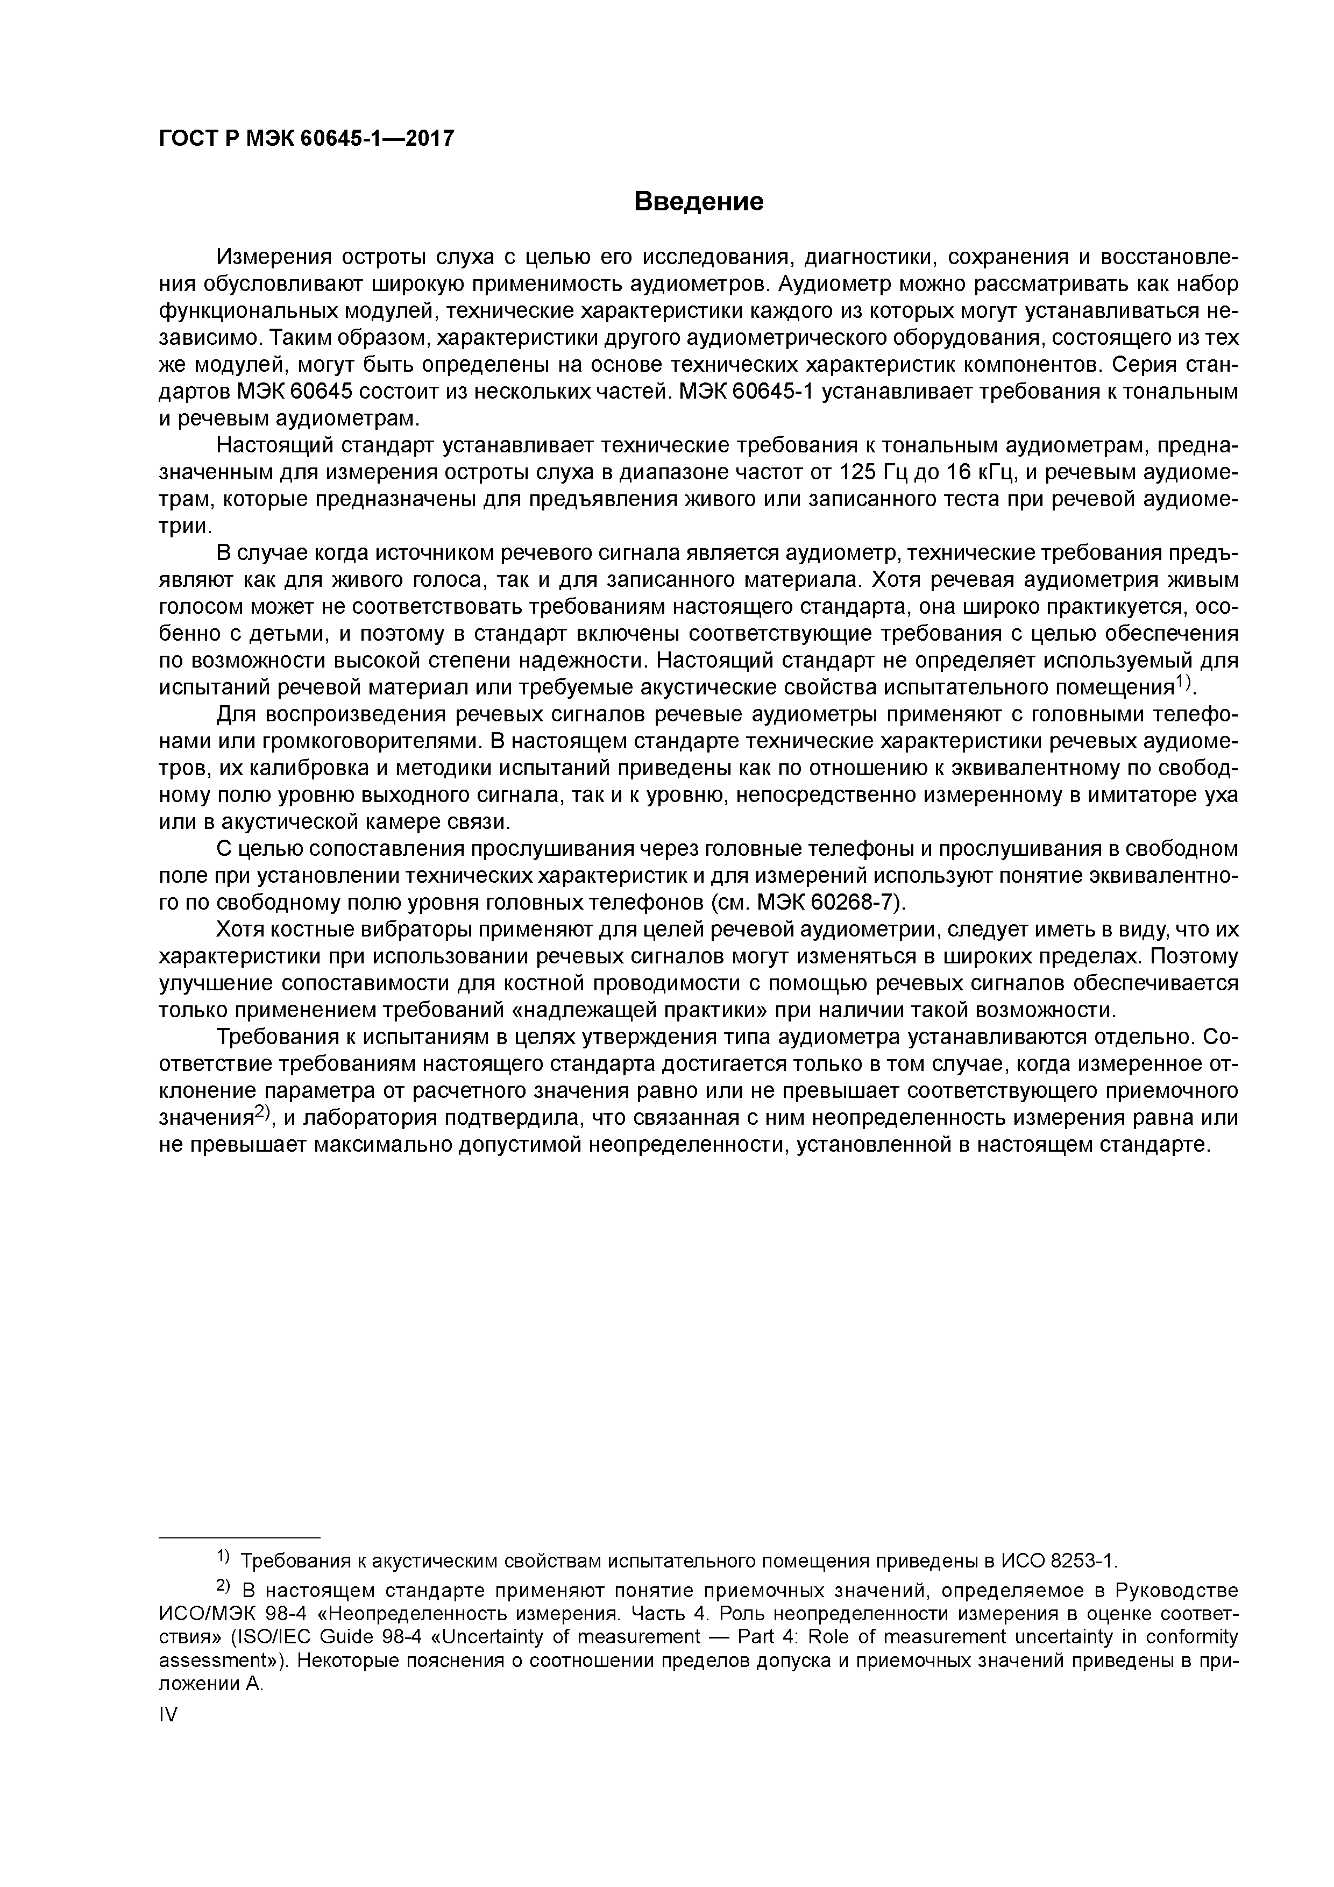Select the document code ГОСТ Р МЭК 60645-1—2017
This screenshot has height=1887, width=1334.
coord(306,139)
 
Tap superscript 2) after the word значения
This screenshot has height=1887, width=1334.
coord(261,1113)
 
